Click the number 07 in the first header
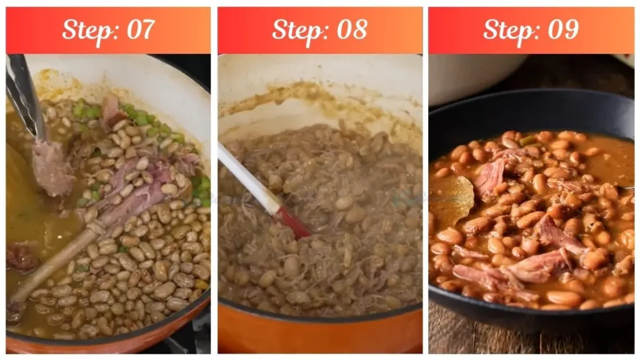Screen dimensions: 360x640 pyautogui.click(x=141, y=29)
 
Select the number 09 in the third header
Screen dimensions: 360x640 pyautogui.click(x=562, y=29)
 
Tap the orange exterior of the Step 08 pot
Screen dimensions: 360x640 pyautogui.click(x=319, y=334)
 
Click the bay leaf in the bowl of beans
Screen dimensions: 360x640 pyautogui.click(x=453, y=200)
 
